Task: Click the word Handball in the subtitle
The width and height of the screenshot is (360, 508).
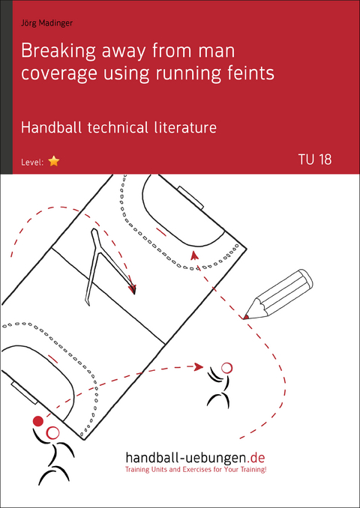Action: [x=55, y=127]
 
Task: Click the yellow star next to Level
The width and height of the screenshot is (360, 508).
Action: [x=53, y=161]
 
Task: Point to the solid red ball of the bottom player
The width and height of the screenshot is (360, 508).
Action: [x=38, y=421]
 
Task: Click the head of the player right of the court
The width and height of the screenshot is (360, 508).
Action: [x=226, y=368]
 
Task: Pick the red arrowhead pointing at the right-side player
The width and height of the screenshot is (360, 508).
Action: [x=199, y=366]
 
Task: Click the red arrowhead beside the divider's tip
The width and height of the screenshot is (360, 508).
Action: [x=132, y=288]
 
